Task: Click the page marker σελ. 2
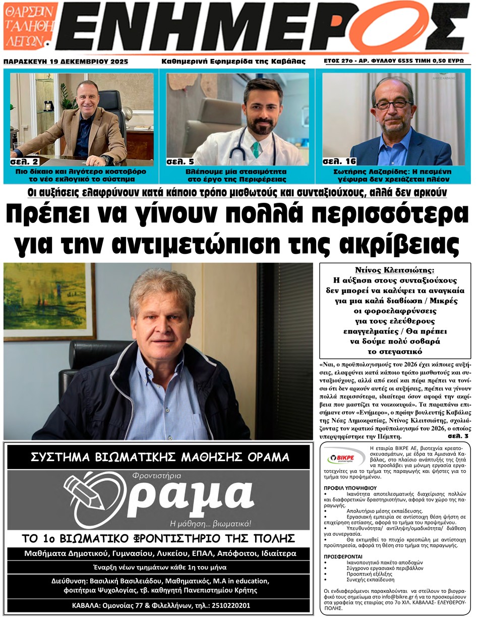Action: [x=24, y=162]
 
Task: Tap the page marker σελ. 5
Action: [x=180, y=162]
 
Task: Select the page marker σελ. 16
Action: [x=338, y=162]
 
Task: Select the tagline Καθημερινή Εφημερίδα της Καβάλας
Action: [x=233, y=62]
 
